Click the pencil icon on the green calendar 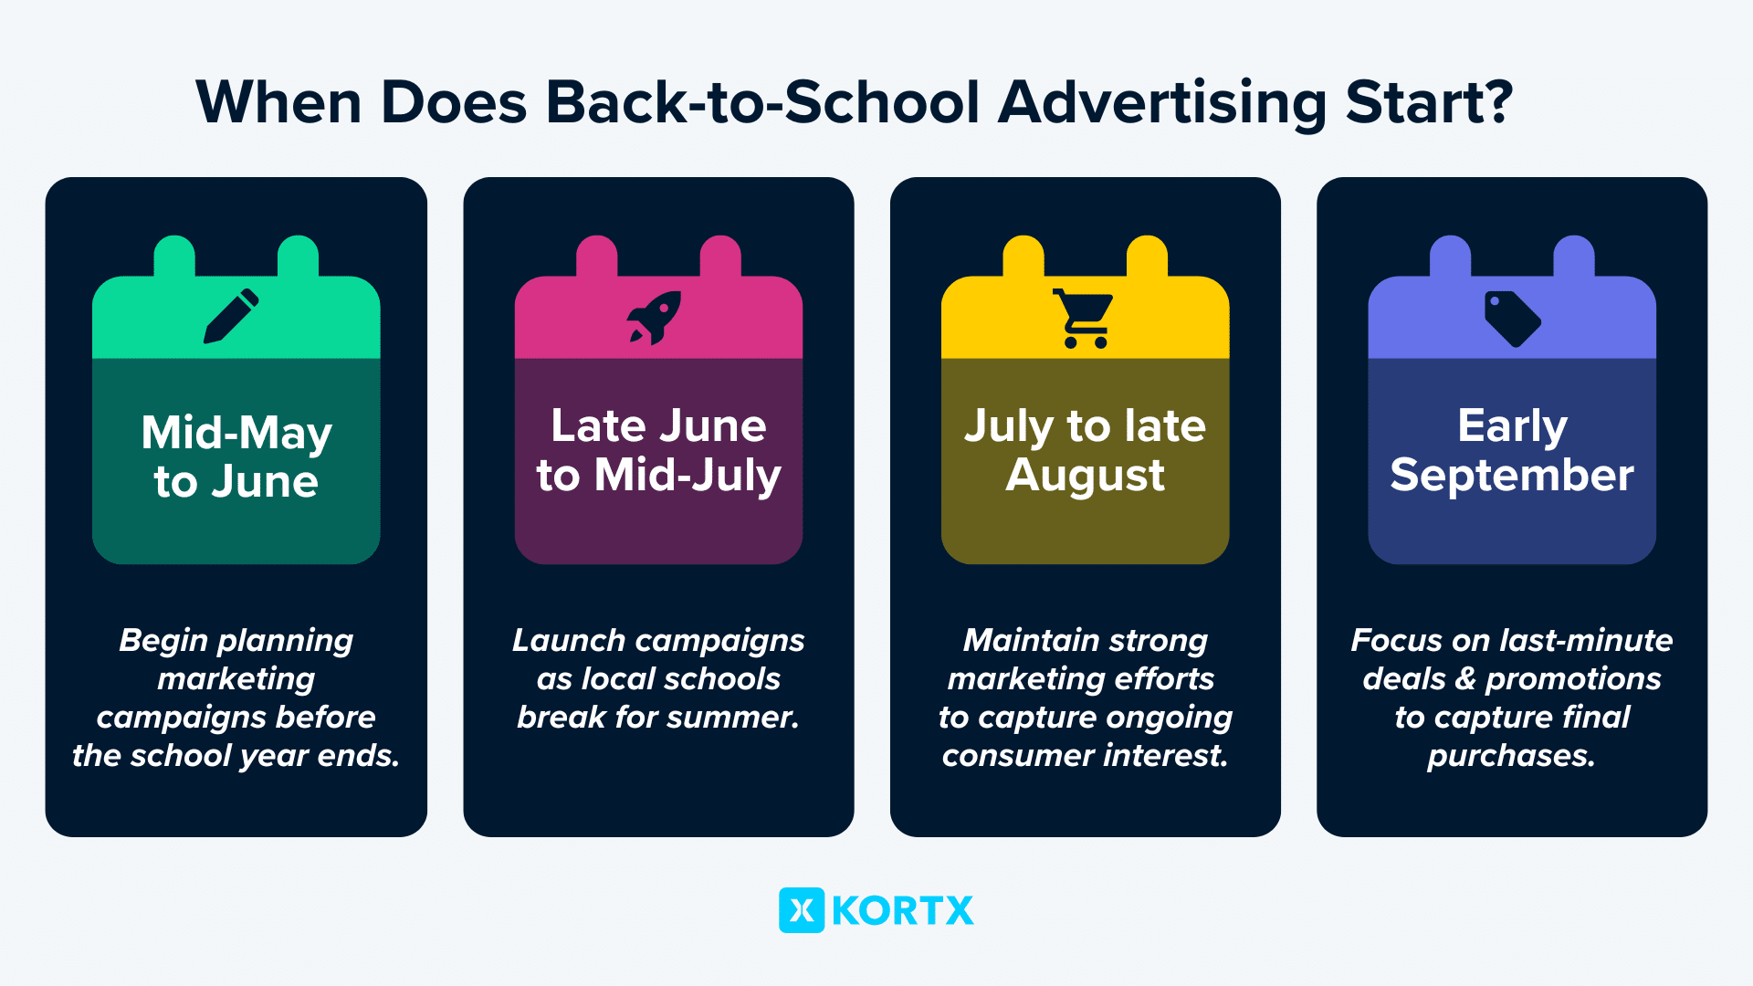231,316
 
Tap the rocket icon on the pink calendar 654,318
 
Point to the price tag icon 1513,319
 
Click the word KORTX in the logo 903,911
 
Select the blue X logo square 802,910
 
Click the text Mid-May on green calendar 236,434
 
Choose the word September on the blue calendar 1512,476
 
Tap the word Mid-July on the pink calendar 688,476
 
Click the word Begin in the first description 164,641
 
